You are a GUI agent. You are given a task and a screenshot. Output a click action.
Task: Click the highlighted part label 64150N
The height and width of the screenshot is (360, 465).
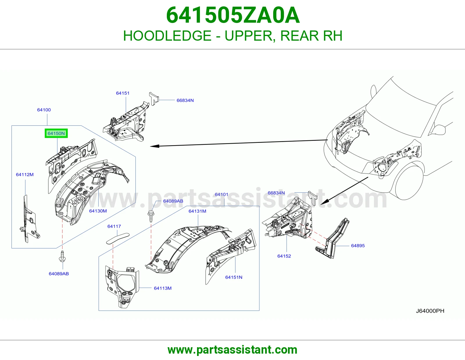56,133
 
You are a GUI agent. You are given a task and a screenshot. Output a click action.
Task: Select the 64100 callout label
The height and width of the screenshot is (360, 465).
44,110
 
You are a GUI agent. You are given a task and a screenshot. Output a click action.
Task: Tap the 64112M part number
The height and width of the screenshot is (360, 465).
25,174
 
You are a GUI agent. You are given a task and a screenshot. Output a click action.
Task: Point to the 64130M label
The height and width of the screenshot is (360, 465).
98,211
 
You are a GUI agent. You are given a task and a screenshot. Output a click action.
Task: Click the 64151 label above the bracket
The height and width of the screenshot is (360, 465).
123,93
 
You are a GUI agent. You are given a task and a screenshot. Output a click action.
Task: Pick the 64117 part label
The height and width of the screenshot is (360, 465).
114,226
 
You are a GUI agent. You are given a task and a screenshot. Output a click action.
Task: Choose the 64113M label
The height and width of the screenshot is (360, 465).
163,288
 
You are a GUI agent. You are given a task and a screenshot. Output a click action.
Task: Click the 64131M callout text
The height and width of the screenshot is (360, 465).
197,211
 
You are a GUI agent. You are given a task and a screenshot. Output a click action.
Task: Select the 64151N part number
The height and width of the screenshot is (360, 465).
234,277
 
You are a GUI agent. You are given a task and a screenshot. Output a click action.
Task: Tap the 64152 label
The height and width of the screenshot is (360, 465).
284,256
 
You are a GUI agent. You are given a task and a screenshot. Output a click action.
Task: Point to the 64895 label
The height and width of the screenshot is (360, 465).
358,246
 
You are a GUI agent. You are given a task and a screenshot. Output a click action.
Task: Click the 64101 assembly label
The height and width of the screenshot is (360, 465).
221,194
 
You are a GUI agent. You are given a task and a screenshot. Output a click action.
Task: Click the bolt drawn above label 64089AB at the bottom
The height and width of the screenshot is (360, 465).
62,257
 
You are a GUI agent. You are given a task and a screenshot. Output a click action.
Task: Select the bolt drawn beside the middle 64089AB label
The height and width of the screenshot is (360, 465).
151,216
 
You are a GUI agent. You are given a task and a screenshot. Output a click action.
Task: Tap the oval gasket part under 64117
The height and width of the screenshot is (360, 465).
118,238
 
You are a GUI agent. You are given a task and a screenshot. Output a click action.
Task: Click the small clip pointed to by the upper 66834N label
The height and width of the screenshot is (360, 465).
154,98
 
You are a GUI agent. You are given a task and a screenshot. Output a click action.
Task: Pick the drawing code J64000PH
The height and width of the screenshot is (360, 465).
430,311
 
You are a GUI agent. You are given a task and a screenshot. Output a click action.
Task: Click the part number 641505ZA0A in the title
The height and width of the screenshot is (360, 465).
233,15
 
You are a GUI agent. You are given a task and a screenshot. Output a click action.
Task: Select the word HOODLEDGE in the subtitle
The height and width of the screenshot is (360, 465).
167,36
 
